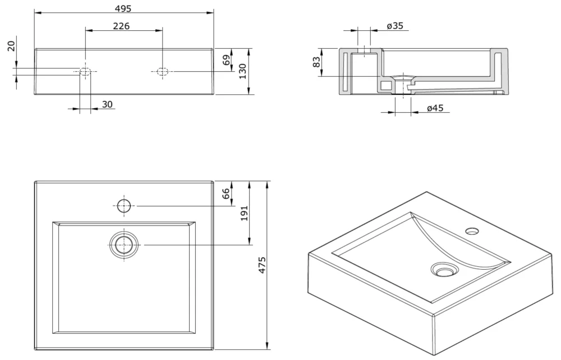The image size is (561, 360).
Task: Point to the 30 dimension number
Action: [107, 104]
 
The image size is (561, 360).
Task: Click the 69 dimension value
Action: [227, 60]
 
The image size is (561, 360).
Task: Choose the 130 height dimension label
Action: [242, 71]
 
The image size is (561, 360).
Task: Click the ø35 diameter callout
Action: [395, 26]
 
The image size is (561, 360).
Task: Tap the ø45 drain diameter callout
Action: [435, 108]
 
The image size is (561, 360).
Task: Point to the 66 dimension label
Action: [227, 194]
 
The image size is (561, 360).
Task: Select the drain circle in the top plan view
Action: [123, 244]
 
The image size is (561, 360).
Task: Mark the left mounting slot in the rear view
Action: [85, 72]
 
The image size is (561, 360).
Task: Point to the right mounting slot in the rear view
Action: [162, 71]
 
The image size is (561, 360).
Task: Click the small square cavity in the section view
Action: [385, 85]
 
